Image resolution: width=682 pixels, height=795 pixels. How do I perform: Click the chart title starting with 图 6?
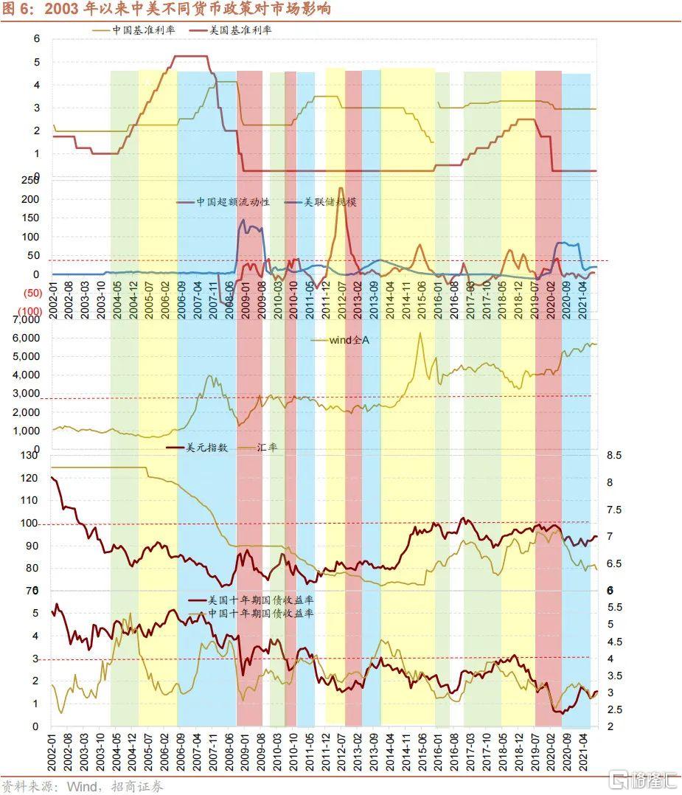[166, 9]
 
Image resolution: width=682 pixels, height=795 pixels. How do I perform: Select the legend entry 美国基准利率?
[231, 31]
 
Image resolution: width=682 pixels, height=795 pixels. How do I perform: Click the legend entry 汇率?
[267, 447]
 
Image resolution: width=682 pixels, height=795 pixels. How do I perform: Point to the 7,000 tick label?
[28, 319]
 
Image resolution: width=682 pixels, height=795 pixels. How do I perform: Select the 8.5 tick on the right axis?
[614, 456]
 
